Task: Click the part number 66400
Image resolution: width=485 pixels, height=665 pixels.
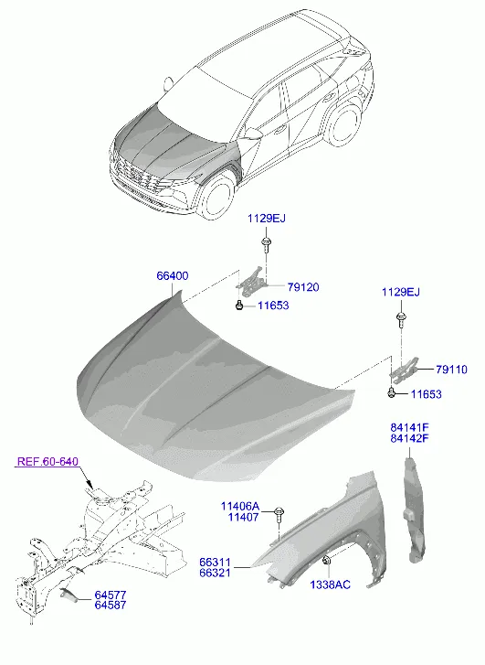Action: [x=173, y=276]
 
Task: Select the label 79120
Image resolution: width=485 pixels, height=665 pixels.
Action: [x=303, y=287]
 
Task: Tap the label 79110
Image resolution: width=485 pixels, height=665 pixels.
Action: [x=451, y=370]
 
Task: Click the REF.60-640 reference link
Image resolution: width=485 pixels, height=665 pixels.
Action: [x=47, y=461]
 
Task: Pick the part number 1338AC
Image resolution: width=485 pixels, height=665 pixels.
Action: [x=331, y=585]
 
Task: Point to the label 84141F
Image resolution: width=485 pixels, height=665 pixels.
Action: [x=409, y=427]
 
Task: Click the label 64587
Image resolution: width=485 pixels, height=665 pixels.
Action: [x=111, y=606]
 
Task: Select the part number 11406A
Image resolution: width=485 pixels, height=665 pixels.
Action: [x=239, y=506]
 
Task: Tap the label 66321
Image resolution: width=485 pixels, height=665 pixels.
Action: [x=216, y=573]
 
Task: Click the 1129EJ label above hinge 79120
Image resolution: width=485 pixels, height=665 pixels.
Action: [x=267, y=219]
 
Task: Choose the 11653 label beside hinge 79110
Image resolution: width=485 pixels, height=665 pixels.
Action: [x=427, y=394]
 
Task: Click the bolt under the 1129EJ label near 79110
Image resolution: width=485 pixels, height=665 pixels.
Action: [x=400, y=320]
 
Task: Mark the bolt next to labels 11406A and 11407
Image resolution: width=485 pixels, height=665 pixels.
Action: [x=279, y=514]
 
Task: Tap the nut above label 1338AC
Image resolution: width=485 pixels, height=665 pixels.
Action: [x=327, y=561]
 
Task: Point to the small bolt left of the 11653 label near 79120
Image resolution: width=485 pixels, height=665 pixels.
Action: [x=239, y=305]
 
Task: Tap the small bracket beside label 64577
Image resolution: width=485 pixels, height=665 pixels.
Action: [x=69, y=595]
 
